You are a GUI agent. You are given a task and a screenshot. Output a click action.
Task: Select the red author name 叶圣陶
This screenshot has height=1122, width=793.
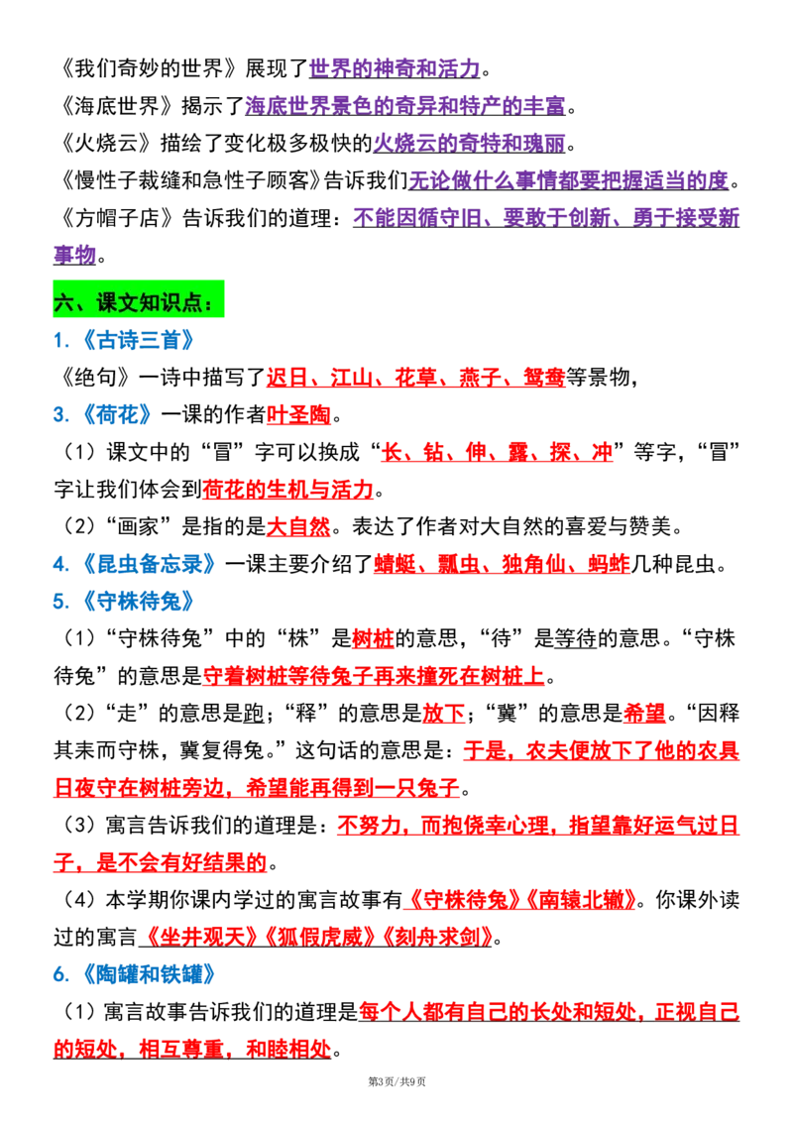(298, 414)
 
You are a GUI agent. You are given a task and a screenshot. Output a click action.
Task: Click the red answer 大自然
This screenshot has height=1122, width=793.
(298, 526)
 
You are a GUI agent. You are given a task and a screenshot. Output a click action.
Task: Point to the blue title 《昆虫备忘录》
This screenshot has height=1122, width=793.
(149, 564)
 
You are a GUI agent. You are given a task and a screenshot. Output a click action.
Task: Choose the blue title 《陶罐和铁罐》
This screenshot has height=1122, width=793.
(149, 974)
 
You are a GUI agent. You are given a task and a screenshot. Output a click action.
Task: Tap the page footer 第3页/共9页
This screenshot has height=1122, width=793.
(396, 1082)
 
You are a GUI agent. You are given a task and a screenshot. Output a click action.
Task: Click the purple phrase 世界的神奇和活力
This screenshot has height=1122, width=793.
(396, 68)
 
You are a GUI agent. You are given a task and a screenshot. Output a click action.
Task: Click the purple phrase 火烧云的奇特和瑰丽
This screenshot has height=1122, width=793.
(470, 143)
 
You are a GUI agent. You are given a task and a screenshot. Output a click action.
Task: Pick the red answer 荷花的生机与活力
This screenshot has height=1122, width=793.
(288, 490)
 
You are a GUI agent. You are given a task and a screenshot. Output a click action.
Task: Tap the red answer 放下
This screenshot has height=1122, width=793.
(444, 714)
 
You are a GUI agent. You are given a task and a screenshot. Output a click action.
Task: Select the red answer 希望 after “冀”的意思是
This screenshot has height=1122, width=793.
(644, 714)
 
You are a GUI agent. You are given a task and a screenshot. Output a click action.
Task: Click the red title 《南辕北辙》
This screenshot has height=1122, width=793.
(581, 900)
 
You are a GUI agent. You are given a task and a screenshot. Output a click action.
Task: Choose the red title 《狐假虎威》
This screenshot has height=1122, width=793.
(319, 938)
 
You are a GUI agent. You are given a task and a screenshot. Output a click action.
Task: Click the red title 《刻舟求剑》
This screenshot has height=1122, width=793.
(436, 938)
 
